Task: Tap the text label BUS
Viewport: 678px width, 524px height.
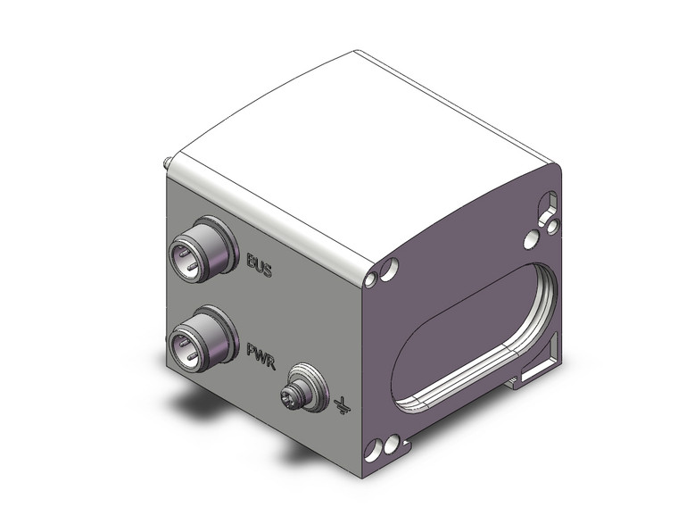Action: pyautogui.click(x=259, y=263)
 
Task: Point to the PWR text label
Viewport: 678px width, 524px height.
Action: pyautogui.click(x=259, y=350)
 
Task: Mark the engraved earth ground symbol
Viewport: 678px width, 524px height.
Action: pyautogui.click(x=340, y=406)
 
